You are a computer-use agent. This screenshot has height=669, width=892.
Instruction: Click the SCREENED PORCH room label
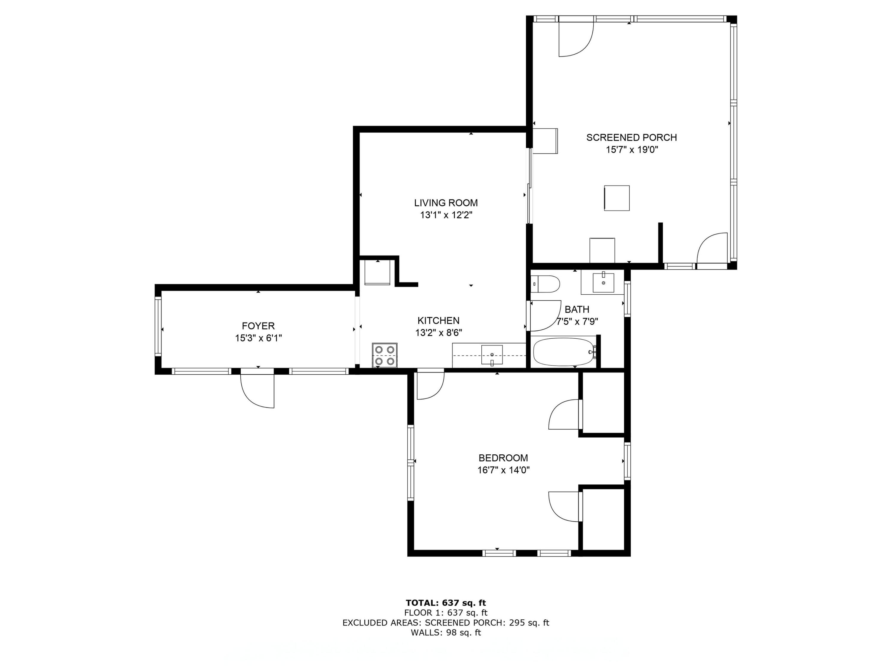[x=631, y=137]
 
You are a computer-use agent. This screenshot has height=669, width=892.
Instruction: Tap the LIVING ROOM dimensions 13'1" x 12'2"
[x=446, y=215]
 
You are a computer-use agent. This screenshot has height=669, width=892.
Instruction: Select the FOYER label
[x=258, y=326]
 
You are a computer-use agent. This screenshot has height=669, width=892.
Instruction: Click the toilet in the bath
[x=545, y=284]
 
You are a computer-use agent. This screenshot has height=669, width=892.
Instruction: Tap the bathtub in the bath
[x=564, y=352]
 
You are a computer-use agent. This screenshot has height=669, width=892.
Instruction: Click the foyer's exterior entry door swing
[x=258, y=390]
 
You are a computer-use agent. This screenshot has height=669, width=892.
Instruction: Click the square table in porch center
[x=617, y=198]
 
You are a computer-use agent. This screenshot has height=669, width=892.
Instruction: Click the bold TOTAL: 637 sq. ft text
[x=446, y=603]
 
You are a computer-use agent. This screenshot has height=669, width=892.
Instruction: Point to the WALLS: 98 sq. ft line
[x=446, y=633]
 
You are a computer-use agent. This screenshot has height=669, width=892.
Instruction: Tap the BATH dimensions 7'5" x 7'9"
[x=577, y=322]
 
